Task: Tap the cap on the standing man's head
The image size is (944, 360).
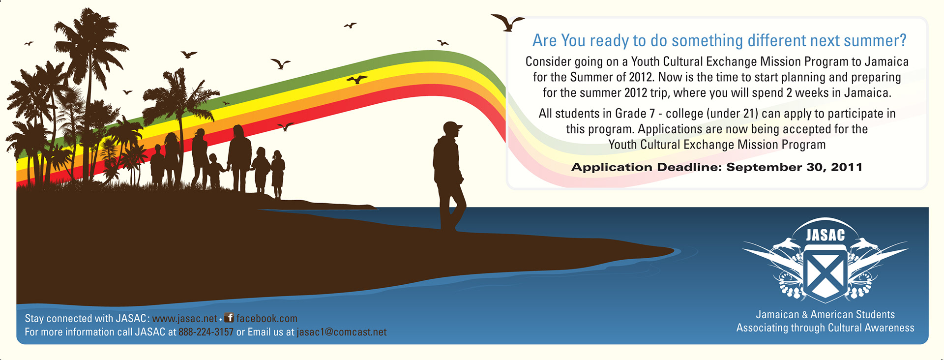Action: tap(452, 127)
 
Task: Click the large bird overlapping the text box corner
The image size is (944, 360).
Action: tap(507, 23)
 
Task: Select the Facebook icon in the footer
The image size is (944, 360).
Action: tap(229, 318)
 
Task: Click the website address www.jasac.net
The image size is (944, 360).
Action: tap(184, 319)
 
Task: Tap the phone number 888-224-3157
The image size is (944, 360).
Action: tap(206, 332)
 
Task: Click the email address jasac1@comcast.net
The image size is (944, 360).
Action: tap(342, 332)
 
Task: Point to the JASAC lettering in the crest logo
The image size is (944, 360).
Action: tap(826, 236)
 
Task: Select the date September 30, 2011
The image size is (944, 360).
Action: tap(795, 167)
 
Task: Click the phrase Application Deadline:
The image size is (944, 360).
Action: tap(647, 167)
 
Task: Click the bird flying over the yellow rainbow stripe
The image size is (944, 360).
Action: tap(357, 79)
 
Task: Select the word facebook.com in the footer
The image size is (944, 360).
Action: tap(267, 319)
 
